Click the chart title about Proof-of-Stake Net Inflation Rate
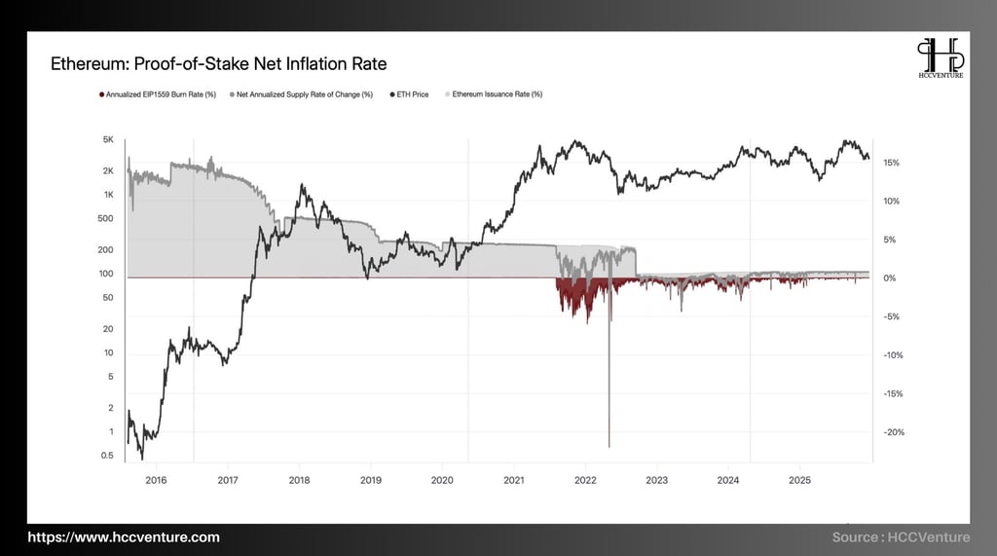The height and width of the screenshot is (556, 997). pos(218,64)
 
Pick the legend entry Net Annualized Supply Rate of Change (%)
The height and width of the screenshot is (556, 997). pos(303,94)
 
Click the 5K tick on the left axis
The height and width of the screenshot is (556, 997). pos(108,140)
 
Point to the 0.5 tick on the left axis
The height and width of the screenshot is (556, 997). pos(108,456)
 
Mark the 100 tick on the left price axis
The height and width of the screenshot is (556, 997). pos(107,274)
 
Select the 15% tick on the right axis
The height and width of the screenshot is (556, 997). pos(892,163)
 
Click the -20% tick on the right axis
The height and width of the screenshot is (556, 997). pos(893,432)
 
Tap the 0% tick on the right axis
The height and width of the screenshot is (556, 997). pos(889,278)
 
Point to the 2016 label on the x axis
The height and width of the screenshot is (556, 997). pos(156,480)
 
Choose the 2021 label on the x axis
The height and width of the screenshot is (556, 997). pos(514,480)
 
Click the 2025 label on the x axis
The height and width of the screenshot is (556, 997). pos(800,480)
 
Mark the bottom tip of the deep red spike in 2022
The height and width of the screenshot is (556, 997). pos(609,446)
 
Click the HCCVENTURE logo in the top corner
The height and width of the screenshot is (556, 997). pos(940,58)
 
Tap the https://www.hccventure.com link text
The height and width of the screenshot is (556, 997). pos(124,537)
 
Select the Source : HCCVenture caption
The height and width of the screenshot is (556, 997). pos(902,537)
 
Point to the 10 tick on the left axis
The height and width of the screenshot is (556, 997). pos(110,353)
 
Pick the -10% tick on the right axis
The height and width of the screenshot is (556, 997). pos(893,355)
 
